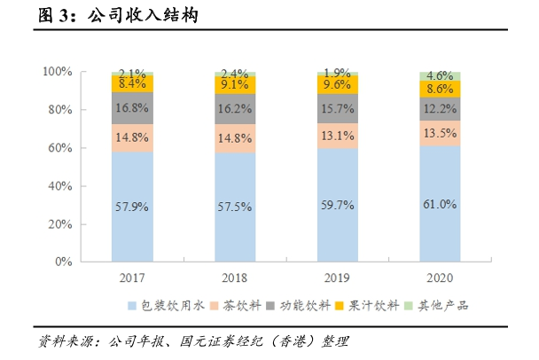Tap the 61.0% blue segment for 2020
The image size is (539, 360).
point(440,204)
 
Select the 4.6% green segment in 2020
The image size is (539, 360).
point(440,76)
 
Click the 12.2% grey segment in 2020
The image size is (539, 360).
point(440,108)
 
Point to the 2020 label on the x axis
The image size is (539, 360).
point(440,277)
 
